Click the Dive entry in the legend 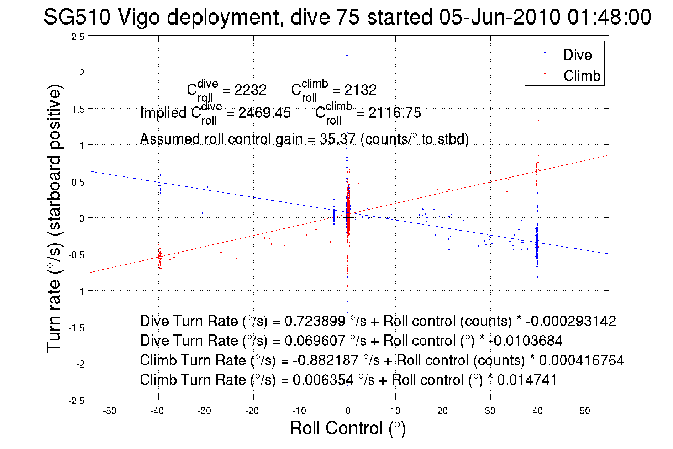click(577, 55)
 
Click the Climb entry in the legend click(582, 76)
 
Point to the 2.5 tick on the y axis click(78, 37)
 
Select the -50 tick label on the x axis click(110, 411)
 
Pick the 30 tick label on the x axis click(490, 411)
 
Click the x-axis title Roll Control click(347, 428)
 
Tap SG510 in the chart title click(77, 17)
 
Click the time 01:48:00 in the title click(609, 17)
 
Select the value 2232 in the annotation click(250, 90)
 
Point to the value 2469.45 click(264, 113)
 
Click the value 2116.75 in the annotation click(394, 113)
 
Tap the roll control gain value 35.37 click(337, 139)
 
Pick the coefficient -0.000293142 click(571, 321)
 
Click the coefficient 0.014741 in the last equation click(527, 380)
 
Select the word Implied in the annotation click(163, 113)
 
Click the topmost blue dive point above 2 click(347, 56)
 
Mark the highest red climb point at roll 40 click(538, 121)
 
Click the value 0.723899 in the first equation click(315, 321)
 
